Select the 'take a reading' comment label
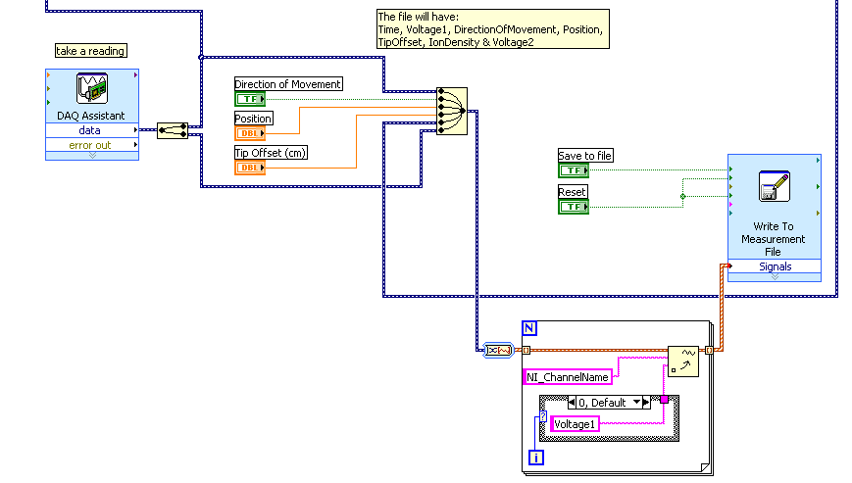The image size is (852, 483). coord(91,51)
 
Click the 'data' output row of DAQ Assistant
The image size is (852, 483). coord(90,129)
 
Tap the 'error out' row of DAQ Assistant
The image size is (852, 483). coord(90,145)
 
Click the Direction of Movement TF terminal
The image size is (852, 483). coord(249,99)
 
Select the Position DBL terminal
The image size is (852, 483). coord(249,133)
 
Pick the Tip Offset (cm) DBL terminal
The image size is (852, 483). coord(249,168)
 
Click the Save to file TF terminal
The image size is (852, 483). coord(573,170)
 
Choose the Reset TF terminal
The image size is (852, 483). coord(573,206)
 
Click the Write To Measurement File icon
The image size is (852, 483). coord(774,186)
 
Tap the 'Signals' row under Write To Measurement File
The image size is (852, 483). coord(774,266)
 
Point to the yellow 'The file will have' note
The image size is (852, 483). coord(492,29)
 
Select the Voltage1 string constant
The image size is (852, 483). coord(575,424)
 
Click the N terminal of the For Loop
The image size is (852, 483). coord(529,328)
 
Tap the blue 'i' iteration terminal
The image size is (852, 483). coord(535,457)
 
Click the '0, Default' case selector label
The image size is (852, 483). coord(609,403)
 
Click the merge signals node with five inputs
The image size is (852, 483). coord(451,111)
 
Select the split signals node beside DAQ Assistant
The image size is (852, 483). coord(173,130)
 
